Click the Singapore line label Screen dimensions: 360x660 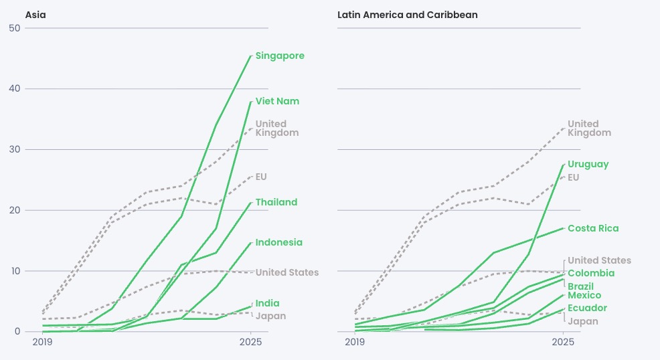[x=280, y=56]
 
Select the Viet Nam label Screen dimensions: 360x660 [x=277, y=101]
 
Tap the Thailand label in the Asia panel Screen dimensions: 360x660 [x=276, y=202]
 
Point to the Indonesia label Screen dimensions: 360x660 [x=278, y=242]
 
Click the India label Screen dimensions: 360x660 [x=267, y=303]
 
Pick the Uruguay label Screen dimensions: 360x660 [x=588, y=164]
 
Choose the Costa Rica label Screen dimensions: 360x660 [x=593, y=228]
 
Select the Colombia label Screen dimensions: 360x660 [x=590, y=273]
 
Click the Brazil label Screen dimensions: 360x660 [x=580, y=286]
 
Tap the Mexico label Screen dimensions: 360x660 [x=584, y=295]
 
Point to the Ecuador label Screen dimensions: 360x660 [x=587, y=308]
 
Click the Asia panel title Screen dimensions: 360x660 [x=35, y=14]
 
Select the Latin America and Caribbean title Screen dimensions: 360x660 [x=408, y=14]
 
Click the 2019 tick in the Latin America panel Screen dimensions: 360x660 [x=355, y=342]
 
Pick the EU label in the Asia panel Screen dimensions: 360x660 [x=261, y=177]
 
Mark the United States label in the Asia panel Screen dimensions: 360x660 [x=287, y=272]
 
